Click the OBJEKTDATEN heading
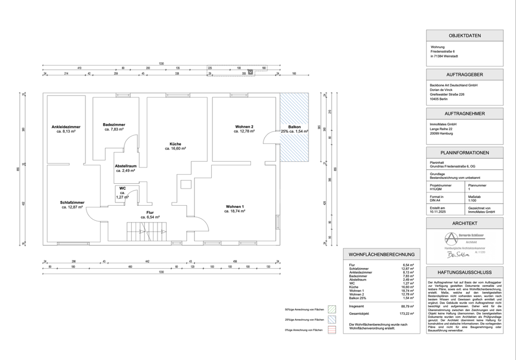(x=465, y=35)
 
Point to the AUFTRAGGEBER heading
(x=465, y=75)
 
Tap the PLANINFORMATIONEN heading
(x=465, y=153)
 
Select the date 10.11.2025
(x=438, y=212)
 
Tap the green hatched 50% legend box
(x=332, y=310)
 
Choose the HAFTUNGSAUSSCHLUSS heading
(x=465, y=272)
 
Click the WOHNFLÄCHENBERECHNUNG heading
(x=382, y=254)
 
